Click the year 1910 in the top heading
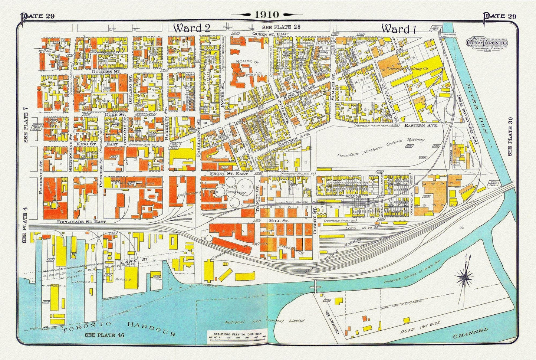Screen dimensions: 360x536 click(x=266, y=14)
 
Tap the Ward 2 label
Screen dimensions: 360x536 click(x=192, y=28)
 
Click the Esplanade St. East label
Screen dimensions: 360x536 click(x=82, y=221)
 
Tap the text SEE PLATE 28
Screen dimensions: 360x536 click(x=281, y=27)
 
